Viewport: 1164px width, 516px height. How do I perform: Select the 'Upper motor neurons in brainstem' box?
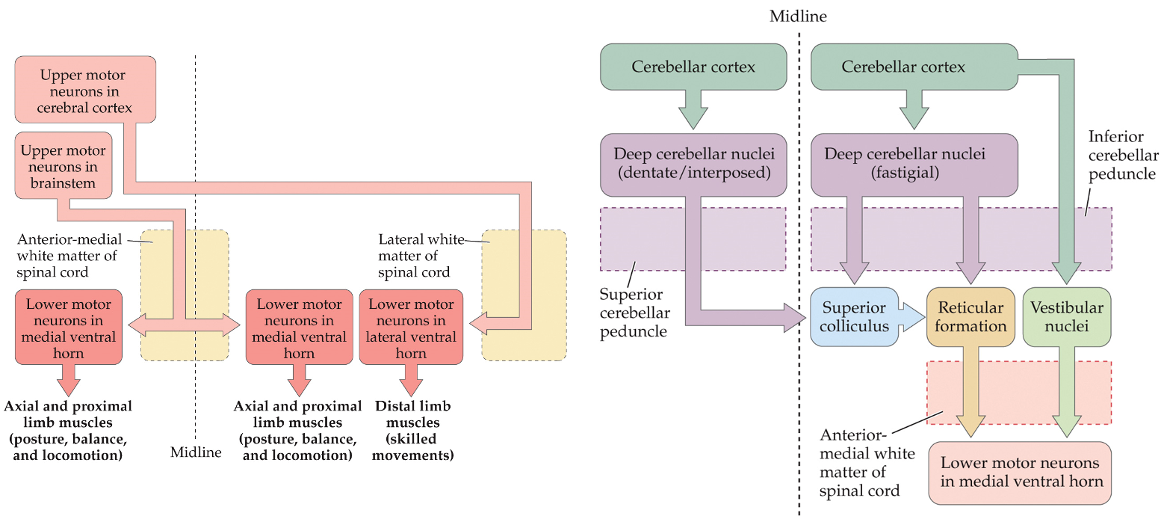click(x=63, y=167)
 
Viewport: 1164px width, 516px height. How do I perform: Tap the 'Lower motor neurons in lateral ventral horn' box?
click(x=411, y=328)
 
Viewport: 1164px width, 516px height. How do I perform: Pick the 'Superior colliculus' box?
click(x=854, y=317)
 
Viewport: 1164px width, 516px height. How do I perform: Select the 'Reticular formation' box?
click(x=970, y=317)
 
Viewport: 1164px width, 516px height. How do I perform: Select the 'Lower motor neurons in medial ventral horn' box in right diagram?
click(x=1020, y=472)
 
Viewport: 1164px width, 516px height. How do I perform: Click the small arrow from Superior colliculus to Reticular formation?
click(x=911, y=307)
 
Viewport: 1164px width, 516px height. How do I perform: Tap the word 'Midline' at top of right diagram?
click(x=798, y=16)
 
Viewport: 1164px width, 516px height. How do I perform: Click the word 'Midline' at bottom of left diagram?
click(x=196, y=452)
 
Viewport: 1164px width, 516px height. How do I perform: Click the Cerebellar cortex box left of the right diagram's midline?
click(x=693, y=67)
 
